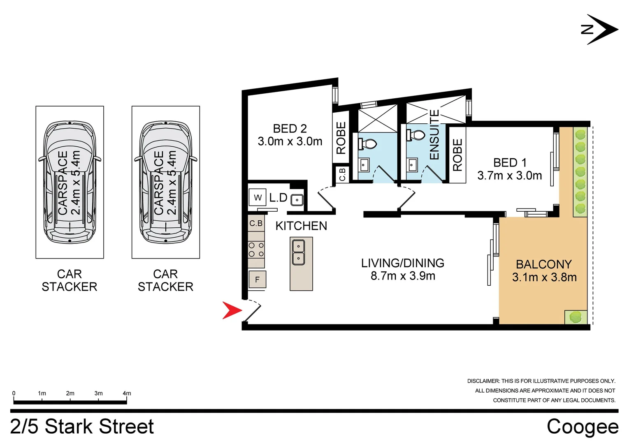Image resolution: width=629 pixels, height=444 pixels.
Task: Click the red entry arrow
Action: click(231, 310)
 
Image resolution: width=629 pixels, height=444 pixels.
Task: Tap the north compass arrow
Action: click(601, 29)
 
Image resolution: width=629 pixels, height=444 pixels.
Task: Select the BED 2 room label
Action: click(290, 135)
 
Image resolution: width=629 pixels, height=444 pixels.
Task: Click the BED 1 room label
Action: click(509, 169)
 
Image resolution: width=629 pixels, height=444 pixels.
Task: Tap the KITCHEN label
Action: click(301, 226)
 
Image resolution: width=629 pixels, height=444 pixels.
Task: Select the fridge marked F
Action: click(257, 280)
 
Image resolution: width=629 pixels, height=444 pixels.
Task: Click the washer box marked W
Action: click(258, 197)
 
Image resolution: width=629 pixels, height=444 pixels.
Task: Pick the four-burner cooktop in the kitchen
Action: click(256, 250)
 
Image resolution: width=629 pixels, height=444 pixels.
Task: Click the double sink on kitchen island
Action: click(298, 252)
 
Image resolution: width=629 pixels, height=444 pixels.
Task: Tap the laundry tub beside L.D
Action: click(297, 200)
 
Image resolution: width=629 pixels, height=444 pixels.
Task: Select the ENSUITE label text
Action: click(434, 134)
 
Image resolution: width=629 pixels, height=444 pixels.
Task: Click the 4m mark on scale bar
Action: click(127, 393)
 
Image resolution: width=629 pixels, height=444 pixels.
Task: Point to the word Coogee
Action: click(582, 427)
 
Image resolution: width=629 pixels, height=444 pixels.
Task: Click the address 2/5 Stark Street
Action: click(82, 427)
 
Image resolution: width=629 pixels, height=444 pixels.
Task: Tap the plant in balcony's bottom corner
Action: click(576, 317)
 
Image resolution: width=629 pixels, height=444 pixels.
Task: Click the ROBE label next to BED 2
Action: click(341, 138)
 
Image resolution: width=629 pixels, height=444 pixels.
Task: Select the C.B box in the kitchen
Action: click(256, 223)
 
